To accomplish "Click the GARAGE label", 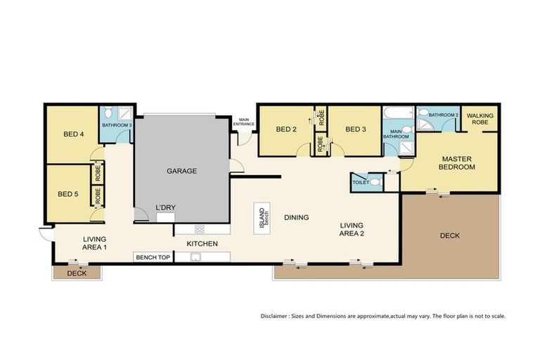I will tap(181, 171).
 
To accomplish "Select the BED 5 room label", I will tap(67, 194).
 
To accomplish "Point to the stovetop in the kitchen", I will tap(199, 229).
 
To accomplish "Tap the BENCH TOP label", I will tap(153, 257).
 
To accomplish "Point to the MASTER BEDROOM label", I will tap(457, 163).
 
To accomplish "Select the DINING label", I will tap(296, 217).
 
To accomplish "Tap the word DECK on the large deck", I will tap(450, 236).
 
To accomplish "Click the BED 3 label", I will tap(356, 129).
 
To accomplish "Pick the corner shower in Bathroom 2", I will tap(425, 125).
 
